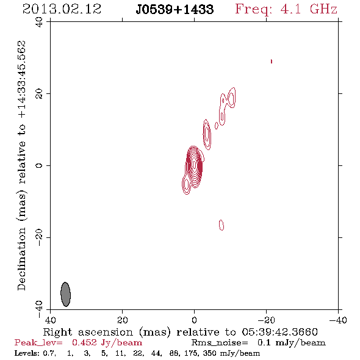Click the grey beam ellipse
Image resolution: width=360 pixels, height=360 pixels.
pos(66,294)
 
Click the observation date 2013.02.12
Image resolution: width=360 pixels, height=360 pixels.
pos(62,9)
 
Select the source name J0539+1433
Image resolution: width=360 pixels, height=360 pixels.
pos(175,9)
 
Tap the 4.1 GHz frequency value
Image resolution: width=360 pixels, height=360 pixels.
pos(309,9)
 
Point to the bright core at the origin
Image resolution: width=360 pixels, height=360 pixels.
pos(194,165)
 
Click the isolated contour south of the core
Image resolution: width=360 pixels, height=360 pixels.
pos(221,225)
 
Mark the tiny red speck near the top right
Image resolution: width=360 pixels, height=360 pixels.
pos(272,61)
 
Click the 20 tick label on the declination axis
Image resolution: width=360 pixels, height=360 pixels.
pos(39,94)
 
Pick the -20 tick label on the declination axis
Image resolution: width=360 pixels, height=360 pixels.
pos(39,237)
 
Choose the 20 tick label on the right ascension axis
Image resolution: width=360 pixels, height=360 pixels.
pos(122,320)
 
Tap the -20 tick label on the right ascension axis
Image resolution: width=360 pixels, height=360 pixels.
pos(266,320)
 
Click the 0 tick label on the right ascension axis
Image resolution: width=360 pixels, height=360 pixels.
pos(194,320)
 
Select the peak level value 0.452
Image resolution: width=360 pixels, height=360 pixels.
pos(84,342)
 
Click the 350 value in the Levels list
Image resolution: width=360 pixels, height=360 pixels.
pos(210,353)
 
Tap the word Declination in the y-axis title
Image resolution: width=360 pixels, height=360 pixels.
pos(21,259)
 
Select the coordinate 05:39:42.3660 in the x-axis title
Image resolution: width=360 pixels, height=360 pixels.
pos(279,332)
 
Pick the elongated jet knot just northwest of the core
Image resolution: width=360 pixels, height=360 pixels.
pos(207,134)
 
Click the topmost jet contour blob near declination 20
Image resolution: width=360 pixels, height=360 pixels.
pos(231,98)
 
